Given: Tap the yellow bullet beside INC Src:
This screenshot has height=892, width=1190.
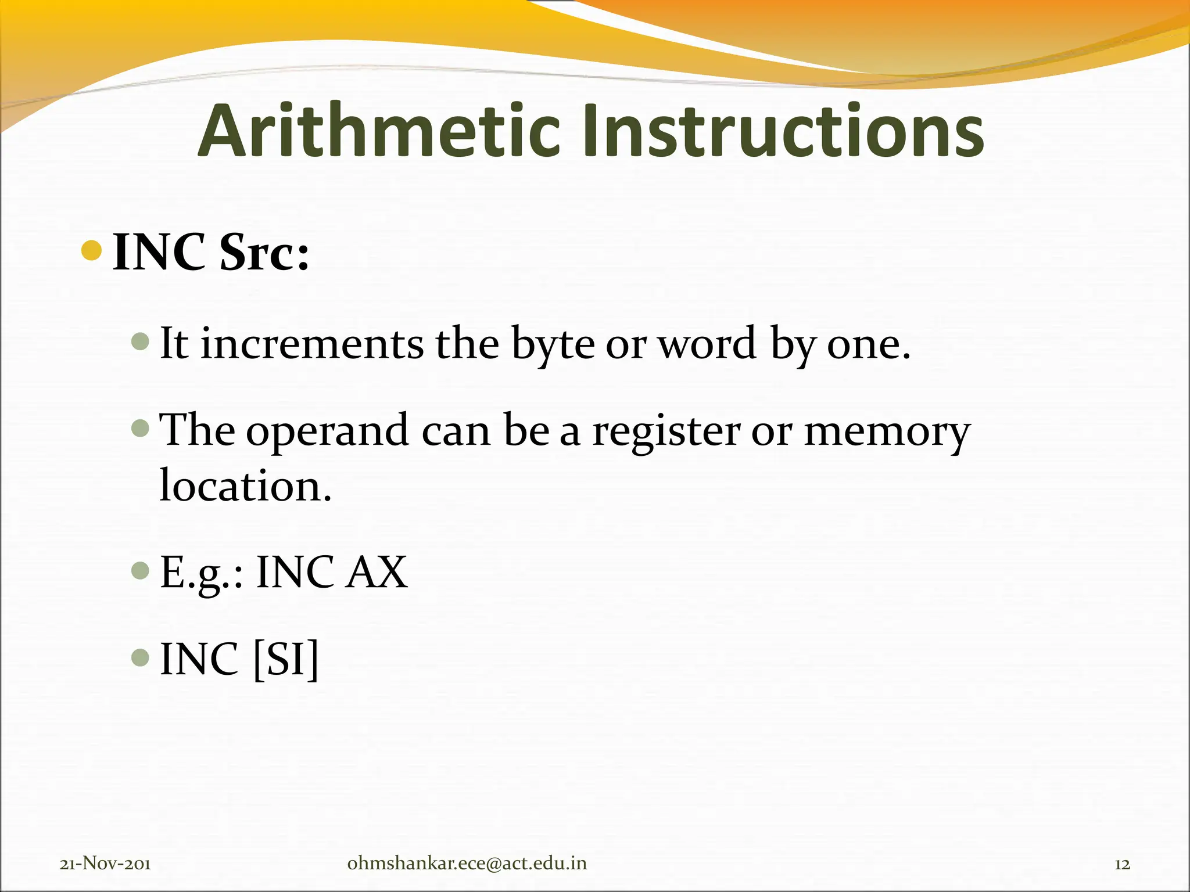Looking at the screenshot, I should pyautogui.click(x=92, y=250).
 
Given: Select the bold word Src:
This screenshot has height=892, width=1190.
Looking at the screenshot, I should pyautogui.click(x=264, y=253).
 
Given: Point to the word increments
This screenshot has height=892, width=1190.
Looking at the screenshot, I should pyautogui.click(x=312, y=344).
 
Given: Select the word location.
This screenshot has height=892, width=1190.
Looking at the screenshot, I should pyautogui.click(x=245, y=485).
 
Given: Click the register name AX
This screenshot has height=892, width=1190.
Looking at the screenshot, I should pyautogui.click(x=377, y=573).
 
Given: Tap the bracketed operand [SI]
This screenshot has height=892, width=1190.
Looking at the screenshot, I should pyautogui.click(x=286, y=659).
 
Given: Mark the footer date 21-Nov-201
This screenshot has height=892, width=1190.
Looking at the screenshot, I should pyautogui.click(x=105, y=864).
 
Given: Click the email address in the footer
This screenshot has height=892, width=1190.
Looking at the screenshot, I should pyautogui.click(x=467, y=863).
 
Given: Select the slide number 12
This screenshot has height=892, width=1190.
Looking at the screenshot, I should pyautogui.click(x=1122, y=864).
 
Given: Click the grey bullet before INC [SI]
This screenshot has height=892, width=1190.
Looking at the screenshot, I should pyautogui.click(x=141, y=657).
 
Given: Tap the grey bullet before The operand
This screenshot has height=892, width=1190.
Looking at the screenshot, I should pyautogui.click(x=141, y=429).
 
